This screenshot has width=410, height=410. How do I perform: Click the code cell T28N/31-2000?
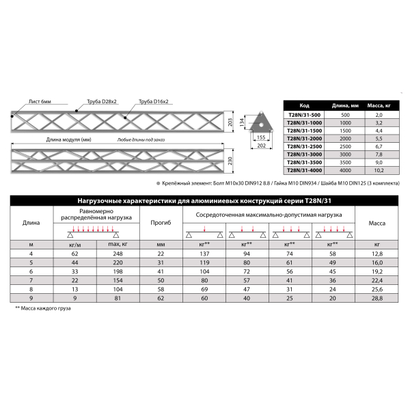pyautogui.click(x=304, y=138)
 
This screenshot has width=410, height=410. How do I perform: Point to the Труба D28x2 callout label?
pyautogui.click(x=101, y=101)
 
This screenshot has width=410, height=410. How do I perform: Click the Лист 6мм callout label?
pyautogui.click(x=40, y=101)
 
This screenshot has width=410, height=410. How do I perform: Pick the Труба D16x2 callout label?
pyautogui.click(x=153, y=101)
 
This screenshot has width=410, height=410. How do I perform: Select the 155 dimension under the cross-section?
pyautogui.click(x=260, y=137)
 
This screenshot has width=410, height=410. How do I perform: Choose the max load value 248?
pyautogui.click(x=115, y=254)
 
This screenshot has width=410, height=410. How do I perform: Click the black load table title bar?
pyautogui.click(x=205, y=200)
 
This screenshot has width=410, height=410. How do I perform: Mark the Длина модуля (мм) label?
pyautogui.click(x=69, y=139)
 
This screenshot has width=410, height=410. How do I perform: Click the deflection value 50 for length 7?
pyautogui.click(x=161, y=280)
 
